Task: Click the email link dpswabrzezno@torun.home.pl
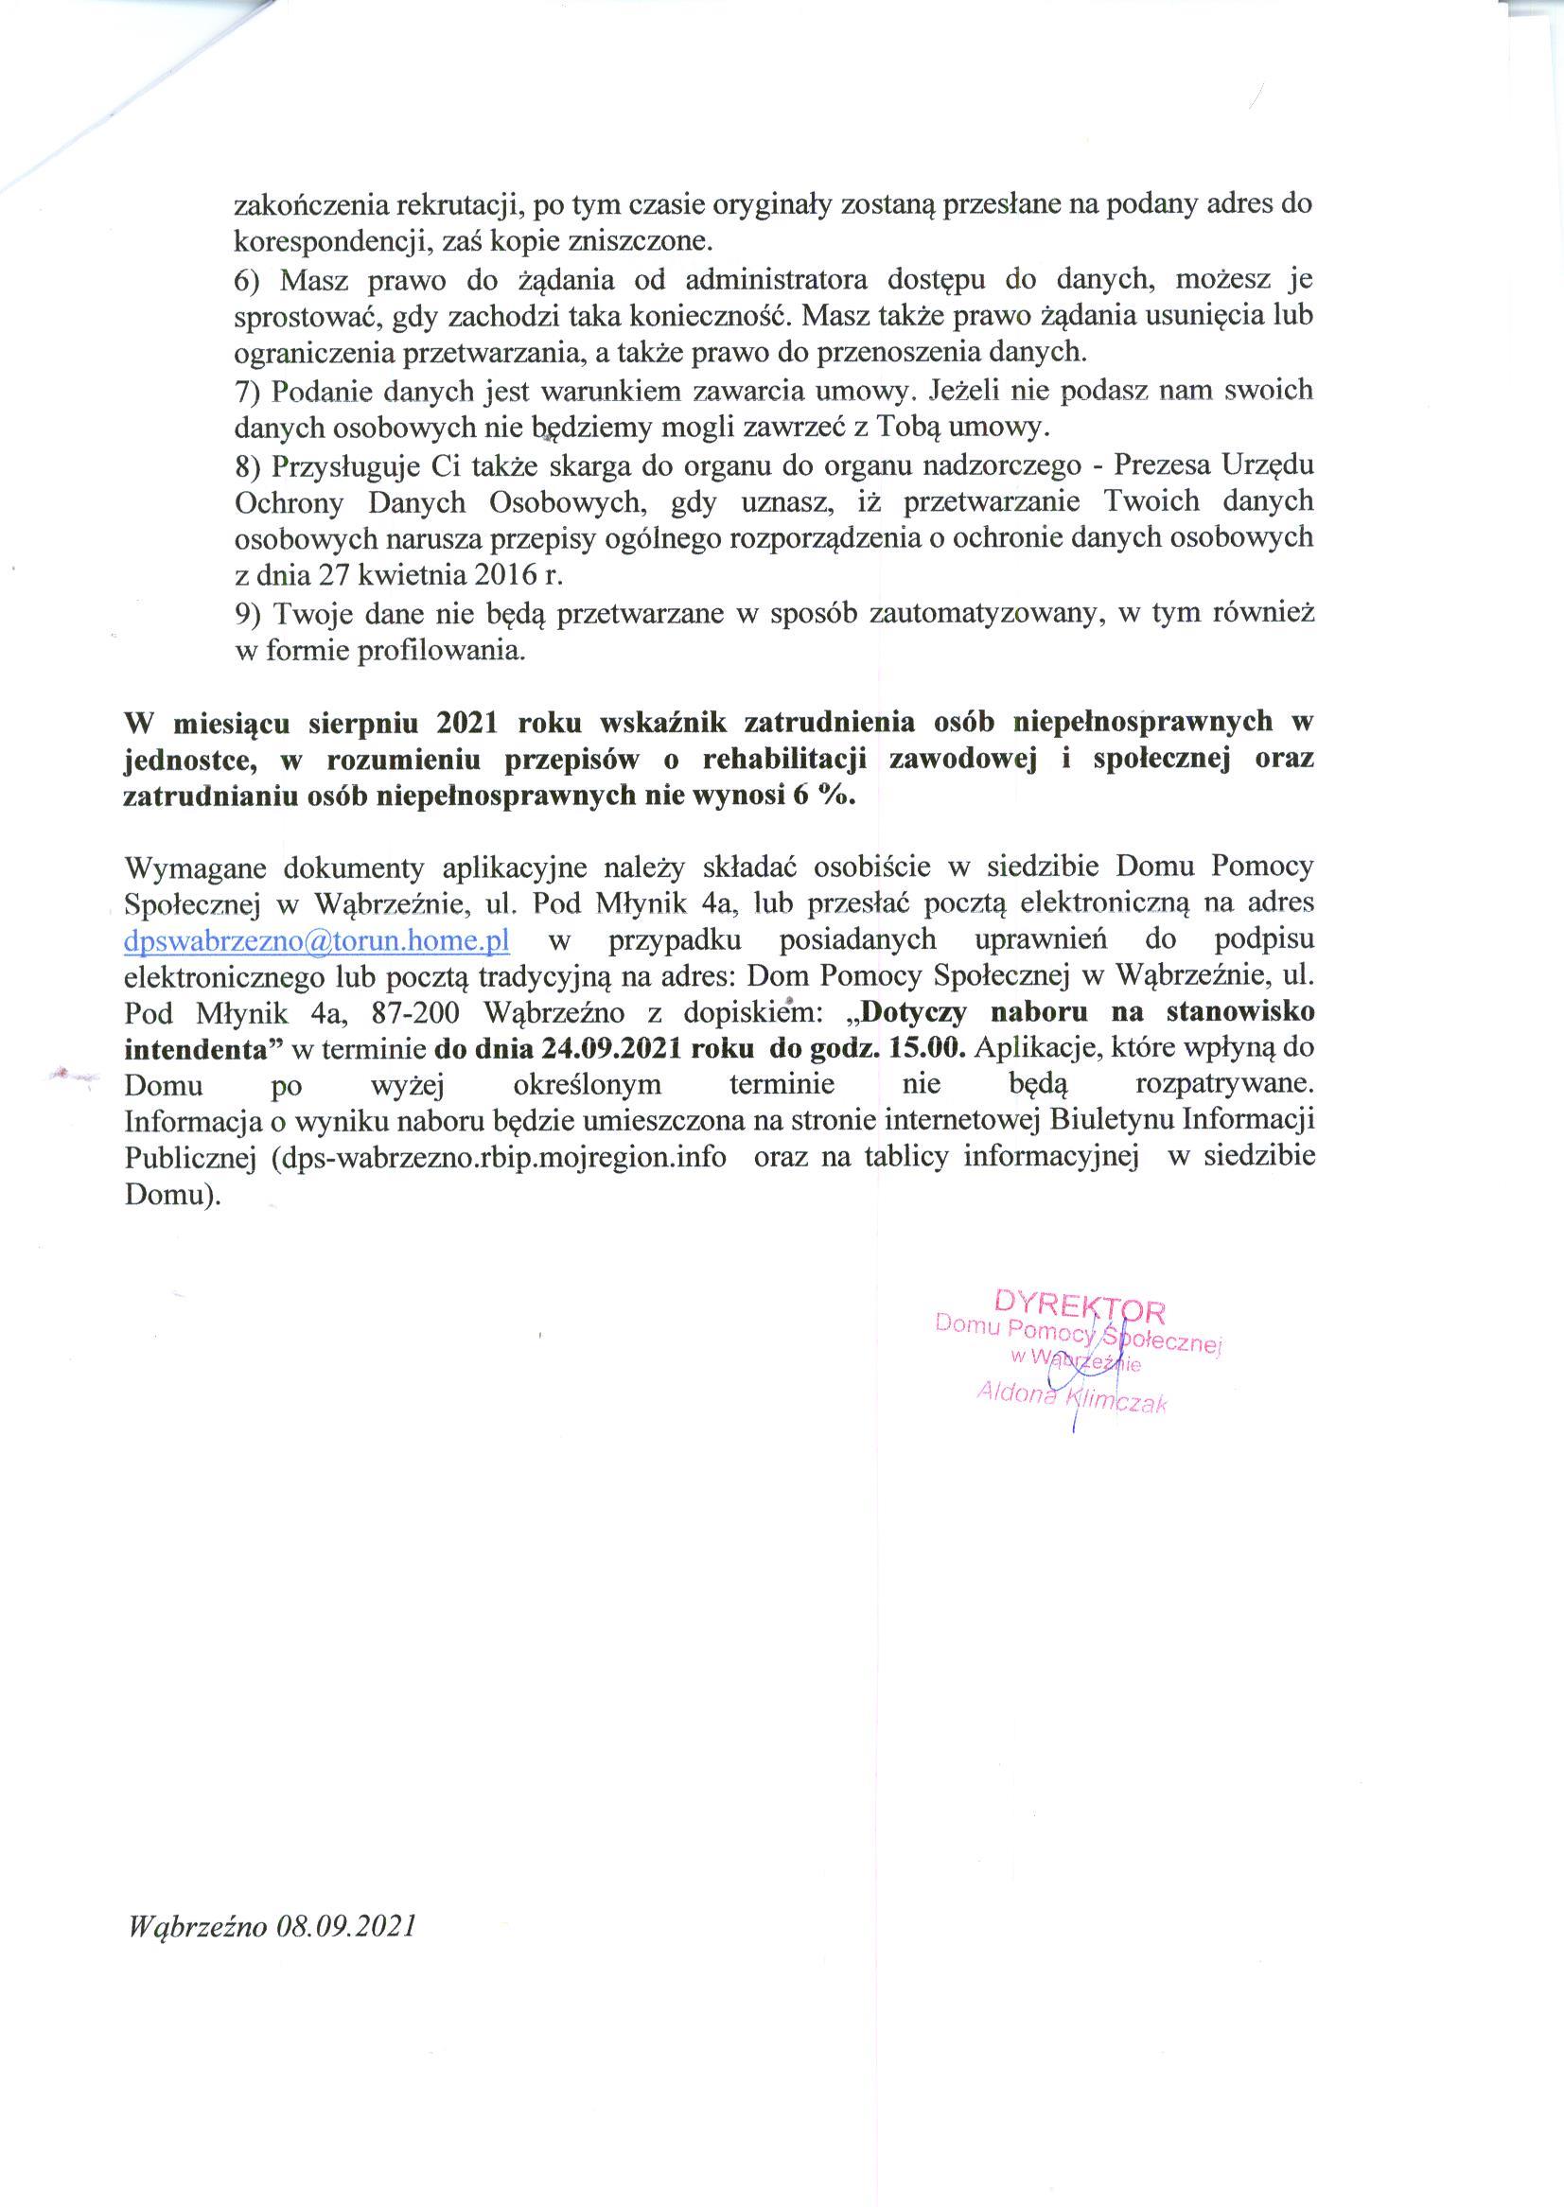pyautogui.click(x=317, y=939)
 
